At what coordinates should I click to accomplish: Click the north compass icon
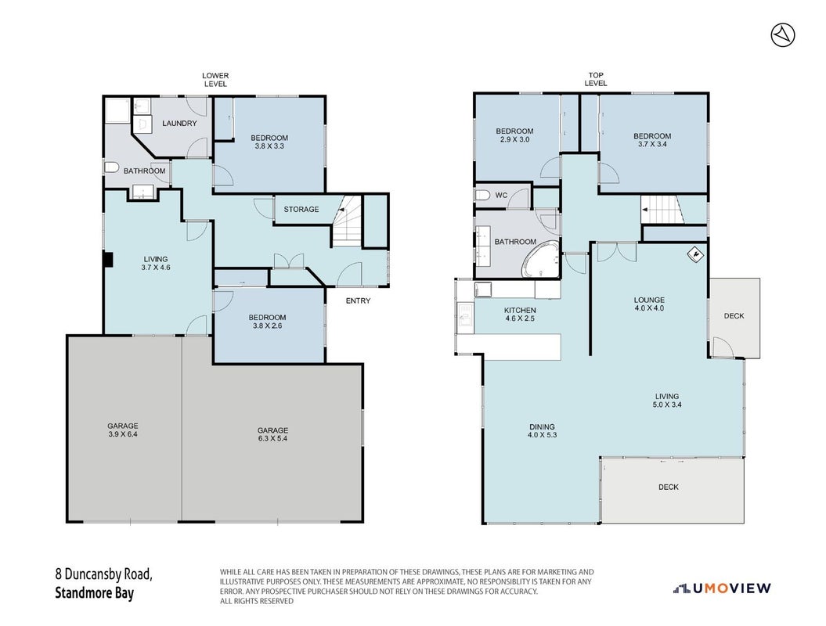click(x=783, y=35)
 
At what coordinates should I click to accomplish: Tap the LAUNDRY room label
click(x=179, y=123)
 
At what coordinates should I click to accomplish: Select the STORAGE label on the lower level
click(x=301, y=209)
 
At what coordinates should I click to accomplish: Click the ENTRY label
click(x=359, y=300)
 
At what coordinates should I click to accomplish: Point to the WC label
click(x=502, y=196)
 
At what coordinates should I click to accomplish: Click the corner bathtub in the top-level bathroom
click(x=540, y=259)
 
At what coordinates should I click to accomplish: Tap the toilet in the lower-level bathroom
click(x=111, y=168)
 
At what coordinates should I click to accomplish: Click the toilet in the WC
click(x=482, y=196)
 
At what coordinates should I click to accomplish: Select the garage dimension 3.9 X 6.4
click(x=123, y=434)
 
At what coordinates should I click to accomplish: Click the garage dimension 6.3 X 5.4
click(x=273, y=438)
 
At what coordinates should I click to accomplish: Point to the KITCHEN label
click(x=520, y=310)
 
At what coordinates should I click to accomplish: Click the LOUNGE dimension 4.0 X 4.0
click(x=650, y=308)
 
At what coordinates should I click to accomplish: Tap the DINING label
click(x=542, y=426)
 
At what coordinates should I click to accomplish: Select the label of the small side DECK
click(x=734, y=316)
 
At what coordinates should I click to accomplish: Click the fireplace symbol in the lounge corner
click(x=696, y=255)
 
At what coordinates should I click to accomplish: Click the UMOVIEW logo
click(x=722, y=588)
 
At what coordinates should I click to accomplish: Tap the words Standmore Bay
click(x=94, y=593)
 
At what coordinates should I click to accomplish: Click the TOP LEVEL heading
click(x=596, y=79)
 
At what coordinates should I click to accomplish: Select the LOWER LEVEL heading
click(x=215, y=80)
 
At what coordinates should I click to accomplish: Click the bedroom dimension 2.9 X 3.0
click(x=514, y=139)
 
